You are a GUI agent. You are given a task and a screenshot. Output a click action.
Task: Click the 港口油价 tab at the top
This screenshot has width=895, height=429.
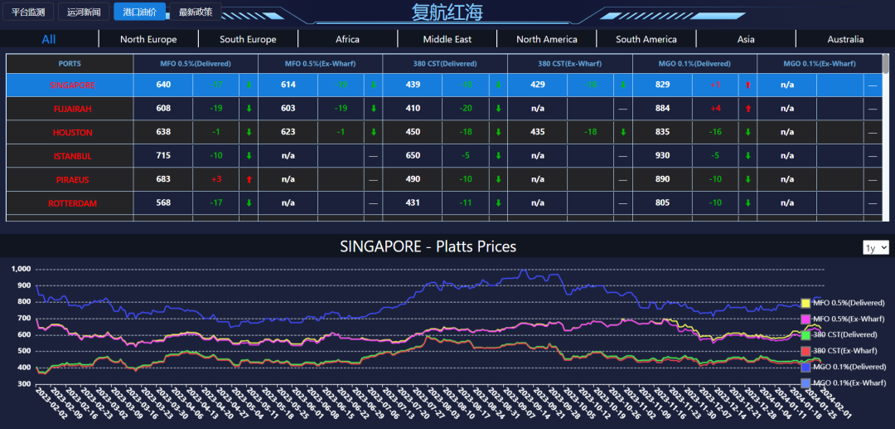point(138,12)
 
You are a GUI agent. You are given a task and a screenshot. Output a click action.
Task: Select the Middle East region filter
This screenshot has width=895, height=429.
point(447,39)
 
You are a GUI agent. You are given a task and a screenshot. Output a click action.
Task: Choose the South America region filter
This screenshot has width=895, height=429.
point(646,39)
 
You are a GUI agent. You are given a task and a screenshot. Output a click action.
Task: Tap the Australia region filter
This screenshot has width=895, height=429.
point(844,39)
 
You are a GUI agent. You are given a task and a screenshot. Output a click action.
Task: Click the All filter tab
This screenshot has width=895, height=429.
point(49,39)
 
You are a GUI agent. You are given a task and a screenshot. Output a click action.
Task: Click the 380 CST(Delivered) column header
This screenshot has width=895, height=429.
point(445,64)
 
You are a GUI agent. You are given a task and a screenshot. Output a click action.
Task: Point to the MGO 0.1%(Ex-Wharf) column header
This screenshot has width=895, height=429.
point(819,64)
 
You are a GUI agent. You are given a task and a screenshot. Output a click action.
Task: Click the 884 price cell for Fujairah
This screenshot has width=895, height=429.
point(662,109)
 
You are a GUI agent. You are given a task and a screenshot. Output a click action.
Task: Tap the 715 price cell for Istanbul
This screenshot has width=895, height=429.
point(163,156)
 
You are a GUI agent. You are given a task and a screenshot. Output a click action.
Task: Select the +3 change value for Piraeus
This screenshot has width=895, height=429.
point(216,179)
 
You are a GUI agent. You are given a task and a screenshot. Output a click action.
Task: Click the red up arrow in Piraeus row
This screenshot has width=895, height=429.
point(249,179)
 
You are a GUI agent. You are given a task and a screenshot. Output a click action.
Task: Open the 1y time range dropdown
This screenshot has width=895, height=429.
point(876,247)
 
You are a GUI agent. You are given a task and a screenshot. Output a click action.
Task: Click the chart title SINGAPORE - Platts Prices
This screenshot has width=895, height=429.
point(428,246)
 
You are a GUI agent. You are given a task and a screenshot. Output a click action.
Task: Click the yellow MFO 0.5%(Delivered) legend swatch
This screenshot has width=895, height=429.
point(805,303)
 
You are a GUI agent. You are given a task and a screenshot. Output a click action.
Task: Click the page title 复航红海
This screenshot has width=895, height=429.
point(447,12)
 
